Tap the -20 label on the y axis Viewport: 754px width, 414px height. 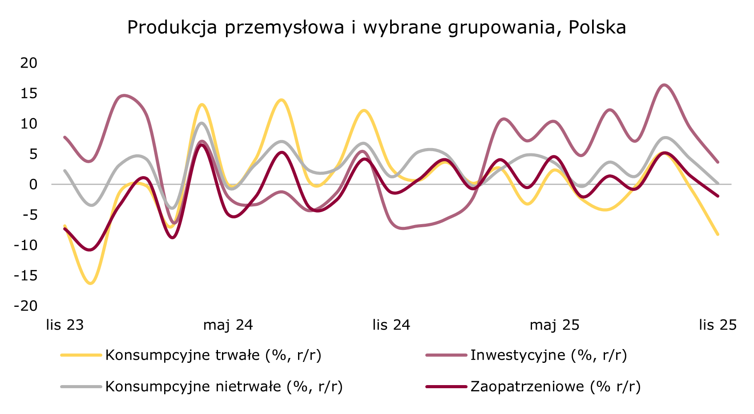26,306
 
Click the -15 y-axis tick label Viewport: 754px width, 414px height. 26,276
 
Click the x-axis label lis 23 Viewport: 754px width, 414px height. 65,325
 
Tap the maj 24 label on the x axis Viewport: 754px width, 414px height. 228,325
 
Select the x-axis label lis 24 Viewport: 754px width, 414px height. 391,325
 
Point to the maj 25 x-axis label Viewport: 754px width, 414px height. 554,325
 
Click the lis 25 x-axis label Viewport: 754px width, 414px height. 718,325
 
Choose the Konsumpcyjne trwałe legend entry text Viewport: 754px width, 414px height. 213,355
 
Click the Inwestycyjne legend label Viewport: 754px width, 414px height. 548,355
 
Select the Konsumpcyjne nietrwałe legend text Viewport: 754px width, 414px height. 224,386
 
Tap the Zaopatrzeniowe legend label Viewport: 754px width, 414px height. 556,386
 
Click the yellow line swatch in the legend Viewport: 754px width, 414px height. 81,355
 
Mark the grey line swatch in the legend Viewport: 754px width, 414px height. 81,386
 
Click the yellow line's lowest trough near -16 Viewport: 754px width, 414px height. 91,283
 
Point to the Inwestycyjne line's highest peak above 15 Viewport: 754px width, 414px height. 664,84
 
